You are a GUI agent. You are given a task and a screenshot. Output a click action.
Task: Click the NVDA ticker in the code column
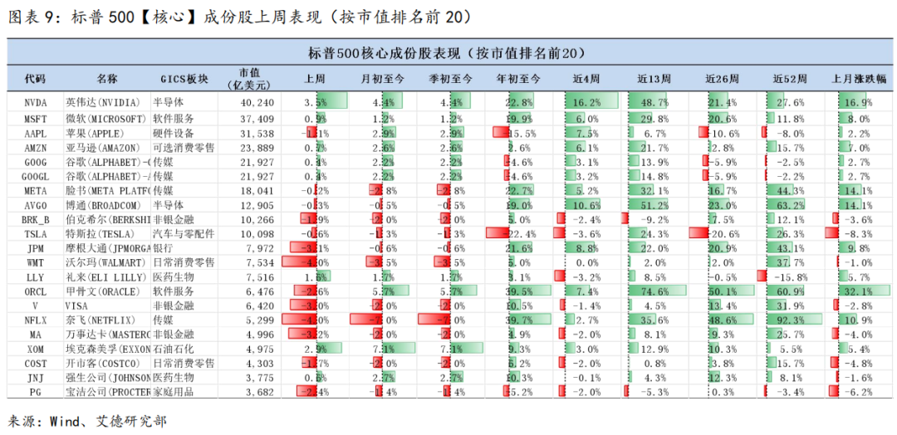(x=35, y=102)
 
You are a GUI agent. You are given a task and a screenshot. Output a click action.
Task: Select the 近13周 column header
(x=654, y=79)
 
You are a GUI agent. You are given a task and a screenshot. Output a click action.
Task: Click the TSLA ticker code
(x=35, y=234)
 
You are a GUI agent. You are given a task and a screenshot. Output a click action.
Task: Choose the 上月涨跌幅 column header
(x=859, y=79)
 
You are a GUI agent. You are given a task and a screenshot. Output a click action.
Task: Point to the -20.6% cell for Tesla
(x=722, y=234)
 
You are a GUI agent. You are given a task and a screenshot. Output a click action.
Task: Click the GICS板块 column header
(x=184, y=79)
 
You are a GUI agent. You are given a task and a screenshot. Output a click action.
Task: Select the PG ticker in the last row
(x=35, y=393)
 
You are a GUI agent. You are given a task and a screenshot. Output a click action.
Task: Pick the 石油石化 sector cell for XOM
(x=173, y=349)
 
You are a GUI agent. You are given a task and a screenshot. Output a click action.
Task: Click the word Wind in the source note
(x=72, y=421)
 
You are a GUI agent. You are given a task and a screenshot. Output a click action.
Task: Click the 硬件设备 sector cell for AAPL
(x=173, y=133)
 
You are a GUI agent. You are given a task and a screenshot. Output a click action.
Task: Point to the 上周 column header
(x=315, y=79)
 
